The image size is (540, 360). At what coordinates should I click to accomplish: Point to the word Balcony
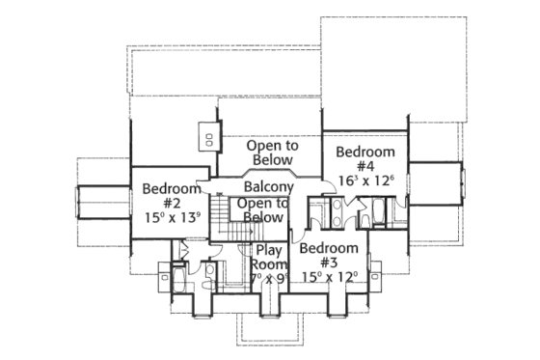(268, 186)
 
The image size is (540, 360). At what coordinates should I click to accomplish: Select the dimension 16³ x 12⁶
(365, 180)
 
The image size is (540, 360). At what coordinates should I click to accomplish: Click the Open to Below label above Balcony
(270, 152)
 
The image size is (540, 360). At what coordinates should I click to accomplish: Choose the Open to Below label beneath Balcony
(262, 210)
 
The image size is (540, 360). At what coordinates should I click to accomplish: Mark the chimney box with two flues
(207, 135)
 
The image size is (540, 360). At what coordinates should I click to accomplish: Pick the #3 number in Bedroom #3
(327, 263)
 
